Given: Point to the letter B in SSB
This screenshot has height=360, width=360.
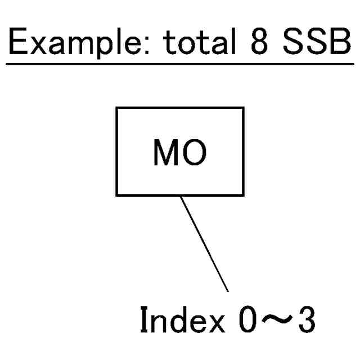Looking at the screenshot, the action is [x=341, y=42].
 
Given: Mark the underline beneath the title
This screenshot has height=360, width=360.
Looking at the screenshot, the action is [x=180, y=64].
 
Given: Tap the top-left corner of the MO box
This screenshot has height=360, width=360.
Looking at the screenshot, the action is [x=117, y=108].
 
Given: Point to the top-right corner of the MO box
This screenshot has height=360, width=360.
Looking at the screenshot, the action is [x=244, y=108].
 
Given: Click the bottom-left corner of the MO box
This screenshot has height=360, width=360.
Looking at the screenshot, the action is [x=117, y=195].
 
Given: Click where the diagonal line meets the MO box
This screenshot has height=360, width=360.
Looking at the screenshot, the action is [x=180, y=196].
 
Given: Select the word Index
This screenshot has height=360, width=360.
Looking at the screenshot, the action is [x=181, y=321].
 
